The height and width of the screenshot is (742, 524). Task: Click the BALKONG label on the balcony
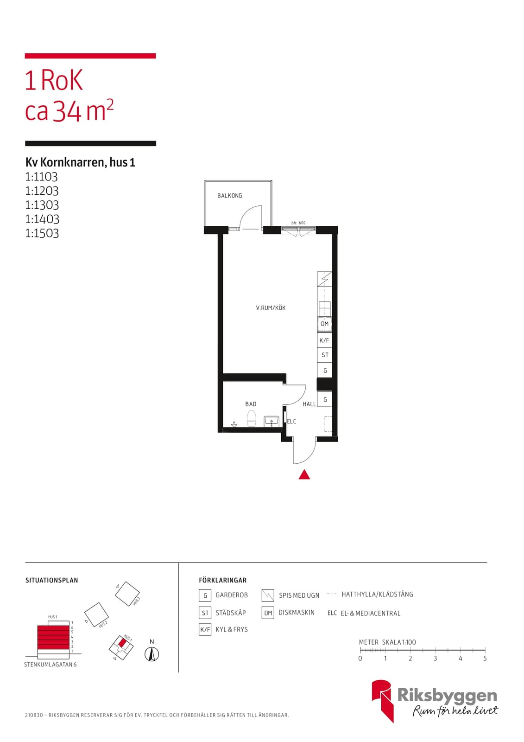[229, 195]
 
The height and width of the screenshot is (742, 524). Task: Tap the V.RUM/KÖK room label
[271, 308]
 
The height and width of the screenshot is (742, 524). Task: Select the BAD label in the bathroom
[251, 404]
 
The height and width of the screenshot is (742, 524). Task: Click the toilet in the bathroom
[252, 418]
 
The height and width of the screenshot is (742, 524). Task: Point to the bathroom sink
[271, 422]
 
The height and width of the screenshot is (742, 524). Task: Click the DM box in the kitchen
[324, 324]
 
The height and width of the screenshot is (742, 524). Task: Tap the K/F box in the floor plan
[324, 340]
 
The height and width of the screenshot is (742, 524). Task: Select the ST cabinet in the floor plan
[324, 355]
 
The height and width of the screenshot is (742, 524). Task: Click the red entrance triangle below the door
[304, 475]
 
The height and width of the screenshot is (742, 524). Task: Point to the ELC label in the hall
[291, 422]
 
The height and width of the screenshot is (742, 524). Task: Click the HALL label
[309, 404]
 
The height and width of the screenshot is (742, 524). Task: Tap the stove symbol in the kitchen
[324, 279]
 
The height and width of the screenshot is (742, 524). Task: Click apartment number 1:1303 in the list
[42, 205]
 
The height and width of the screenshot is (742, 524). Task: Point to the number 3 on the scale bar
[435, 659]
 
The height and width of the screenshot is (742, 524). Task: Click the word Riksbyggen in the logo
[447, 695]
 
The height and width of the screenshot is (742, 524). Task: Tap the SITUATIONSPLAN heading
[51, 580]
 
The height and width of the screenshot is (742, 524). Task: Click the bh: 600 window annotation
[298, 223]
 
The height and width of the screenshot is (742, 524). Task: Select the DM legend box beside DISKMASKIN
[268, 613]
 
